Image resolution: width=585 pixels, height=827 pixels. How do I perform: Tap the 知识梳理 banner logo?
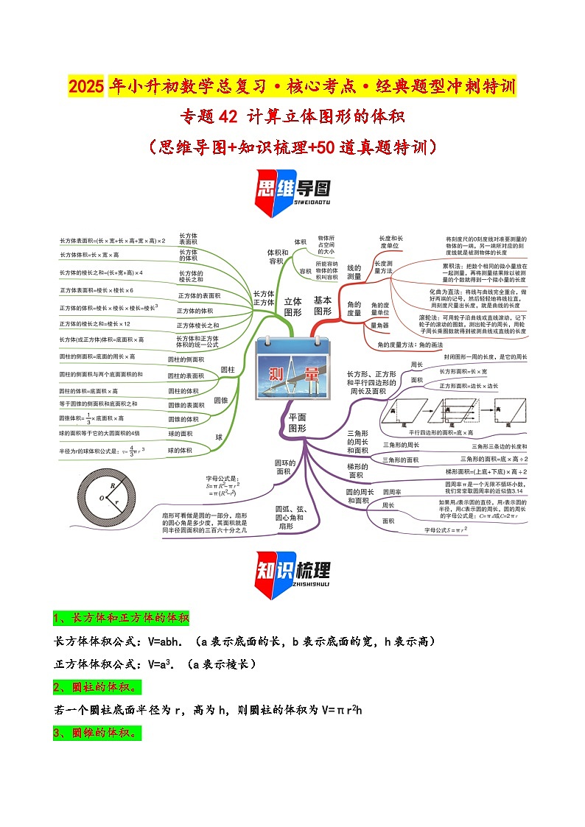pyautogui.click(x=292, y=572)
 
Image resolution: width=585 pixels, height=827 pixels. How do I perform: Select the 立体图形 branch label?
pyautogui.click(x=293, y=306)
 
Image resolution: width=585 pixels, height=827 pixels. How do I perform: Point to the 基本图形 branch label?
pyautogui.click(x=323, y=306)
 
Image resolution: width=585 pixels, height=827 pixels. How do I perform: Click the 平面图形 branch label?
pyautogui.click(x=297, y=422)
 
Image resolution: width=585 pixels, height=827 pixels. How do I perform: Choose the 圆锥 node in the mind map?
pyautogui.click(x=221, y=400)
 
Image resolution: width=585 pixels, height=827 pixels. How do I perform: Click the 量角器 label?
pyautogui.click(x=379, y=325)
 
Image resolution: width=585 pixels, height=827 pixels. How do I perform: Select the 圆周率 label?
pyautogui.click(x=392, y=492)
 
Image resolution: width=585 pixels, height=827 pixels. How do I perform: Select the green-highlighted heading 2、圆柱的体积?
pyautogui.click(x=97, y=687)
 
